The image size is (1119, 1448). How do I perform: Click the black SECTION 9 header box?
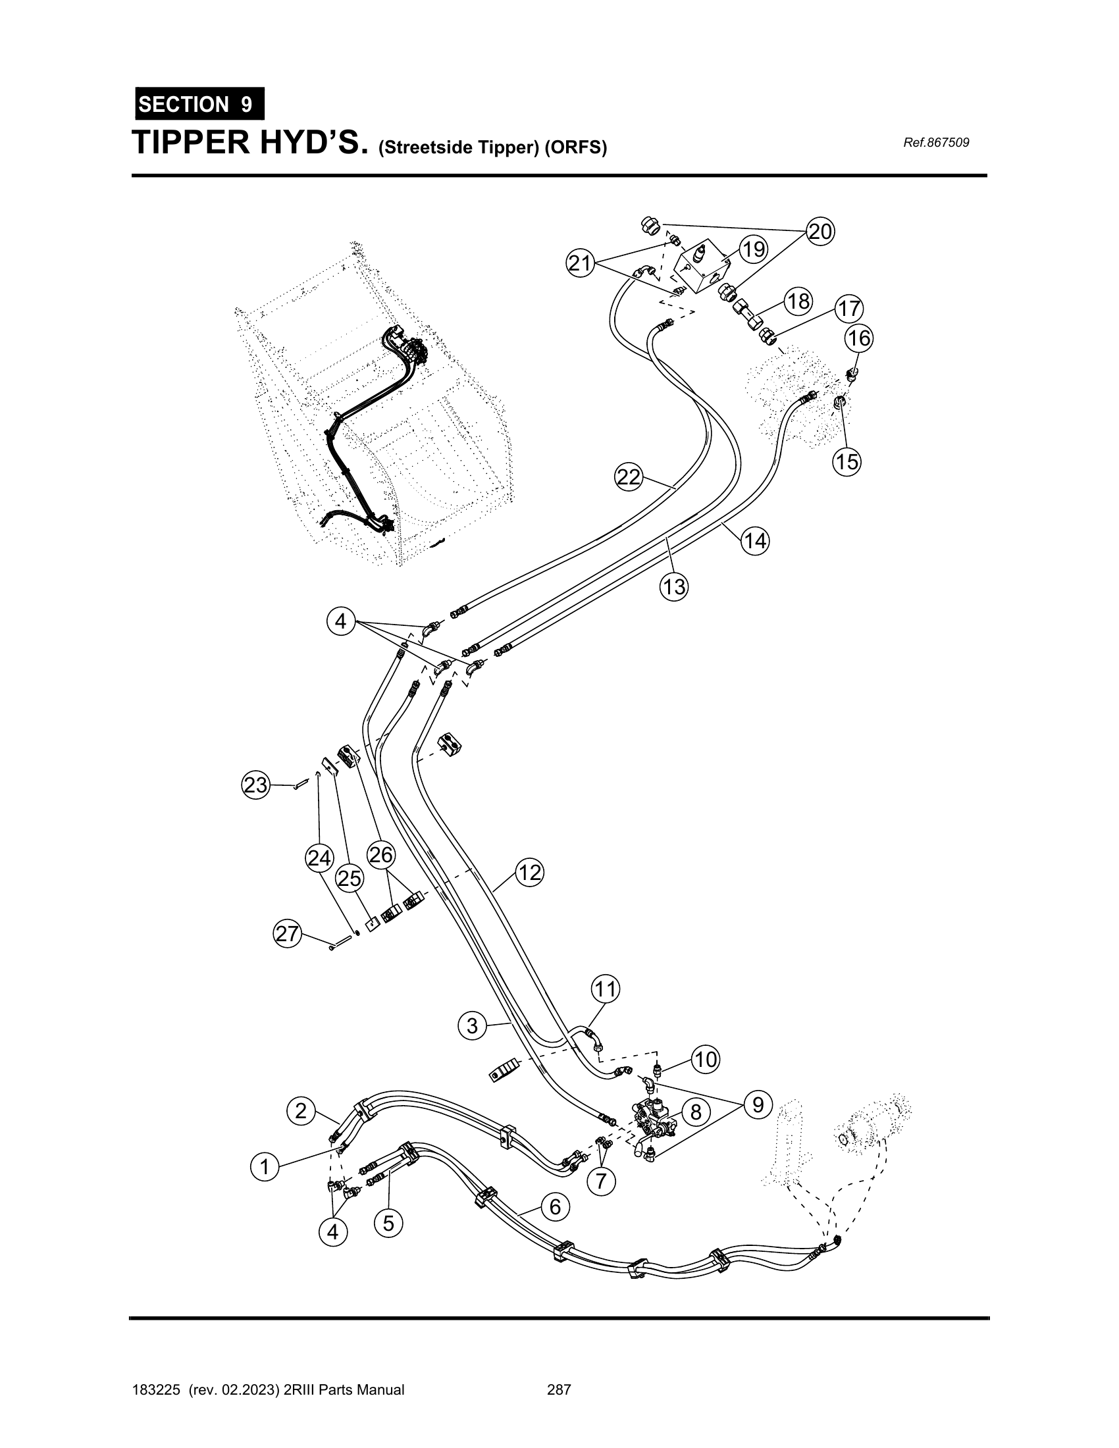[199, 104]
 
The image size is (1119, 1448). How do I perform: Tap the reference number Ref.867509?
[936, 143]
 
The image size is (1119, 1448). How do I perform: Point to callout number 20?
[820, 232]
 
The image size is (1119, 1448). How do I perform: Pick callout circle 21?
[580, 263]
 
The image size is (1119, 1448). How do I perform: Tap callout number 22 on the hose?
[629, 477]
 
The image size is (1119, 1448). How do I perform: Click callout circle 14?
[755, 541]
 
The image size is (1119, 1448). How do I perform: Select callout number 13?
[673, 586]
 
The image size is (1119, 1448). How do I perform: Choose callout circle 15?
[847, 461]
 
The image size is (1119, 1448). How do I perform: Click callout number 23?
[255, 786]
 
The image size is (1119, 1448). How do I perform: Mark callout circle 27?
[287, 934]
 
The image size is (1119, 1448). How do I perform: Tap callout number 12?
[530, 873]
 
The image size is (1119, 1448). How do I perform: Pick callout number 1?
[265, 1166]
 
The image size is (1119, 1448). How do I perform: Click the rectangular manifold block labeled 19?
[703, 267]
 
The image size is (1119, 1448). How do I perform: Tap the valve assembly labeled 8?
[653, 1121]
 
